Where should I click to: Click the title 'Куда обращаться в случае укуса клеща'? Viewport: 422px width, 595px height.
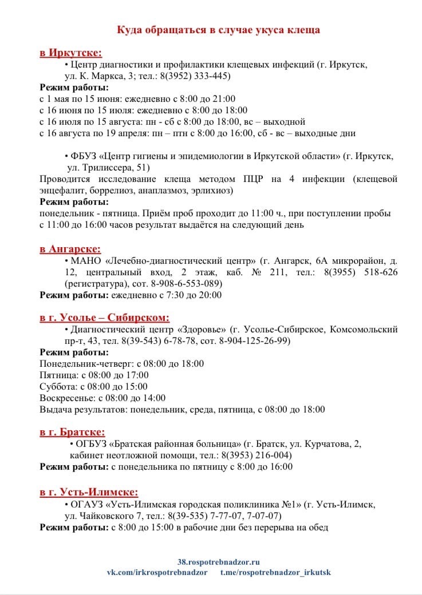point(218,30)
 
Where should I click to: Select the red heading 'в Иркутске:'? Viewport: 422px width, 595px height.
point(71,53)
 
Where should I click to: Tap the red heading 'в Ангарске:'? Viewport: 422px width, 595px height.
point(70,249)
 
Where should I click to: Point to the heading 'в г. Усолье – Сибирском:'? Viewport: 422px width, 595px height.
point(105,318)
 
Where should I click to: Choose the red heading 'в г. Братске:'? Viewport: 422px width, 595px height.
point(73,433)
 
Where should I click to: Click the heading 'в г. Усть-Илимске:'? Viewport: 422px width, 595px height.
point(89,492)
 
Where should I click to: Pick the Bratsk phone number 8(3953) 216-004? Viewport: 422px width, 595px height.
point(256,455)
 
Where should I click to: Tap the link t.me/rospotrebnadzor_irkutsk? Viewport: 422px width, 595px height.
point(275,572)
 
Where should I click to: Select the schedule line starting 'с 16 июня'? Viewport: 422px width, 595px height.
point(143,110)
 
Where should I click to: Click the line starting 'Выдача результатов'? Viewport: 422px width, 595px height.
point(182,410)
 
